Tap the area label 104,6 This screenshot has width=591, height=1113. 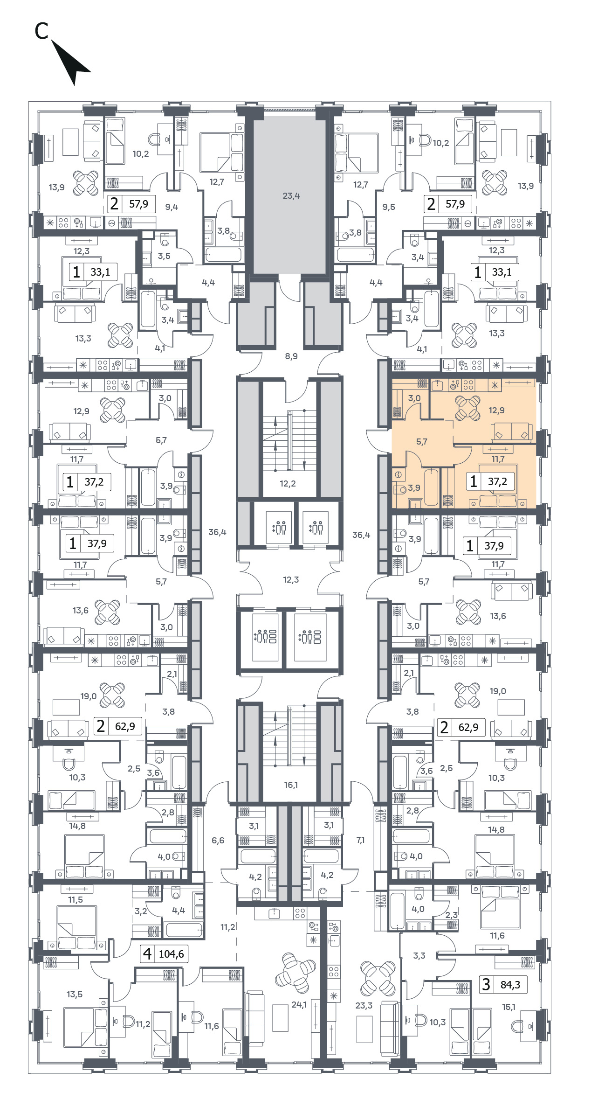pyautogui.click(x=172, y=954)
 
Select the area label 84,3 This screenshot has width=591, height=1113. pyautogui.click(x=510, y=984)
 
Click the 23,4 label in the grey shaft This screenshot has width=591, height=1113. pyautogui.click(x=291, y=196)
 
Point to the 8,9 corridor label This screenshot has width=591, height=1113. pyautogui.click(x=291, y=356)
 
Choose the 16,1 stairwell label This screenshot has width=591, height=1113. pyautogui.click(x=291, y=785)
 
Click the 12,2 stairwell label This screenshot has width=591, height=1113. pyautogui.click(x=288, y=484)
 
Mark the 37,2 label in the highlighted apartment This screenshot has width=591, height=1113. pyautogui.click(x=497, y=481)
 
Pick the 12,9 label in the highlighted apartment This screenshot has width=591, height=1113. pyautogui.click(x=496, y=410)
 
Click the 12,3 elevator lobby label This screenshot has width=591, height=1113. pyautogui.click(x=291, y=580)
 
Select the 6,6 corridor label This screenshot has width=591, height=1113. pyautogui.click(x=218, y=840)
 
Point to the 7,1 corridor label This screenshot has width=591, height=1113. pyautogui.click(x=360, y=840)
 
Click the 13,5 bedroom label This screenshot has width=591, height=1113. pyautogui.click(x=75, y=994)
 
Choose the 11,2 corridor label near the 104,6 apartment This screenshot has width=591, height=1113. pyautogui.click(x=228, y=927)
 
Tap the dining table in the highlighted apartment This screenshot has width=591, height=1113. pyautogui.click(x=467, y=408)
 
